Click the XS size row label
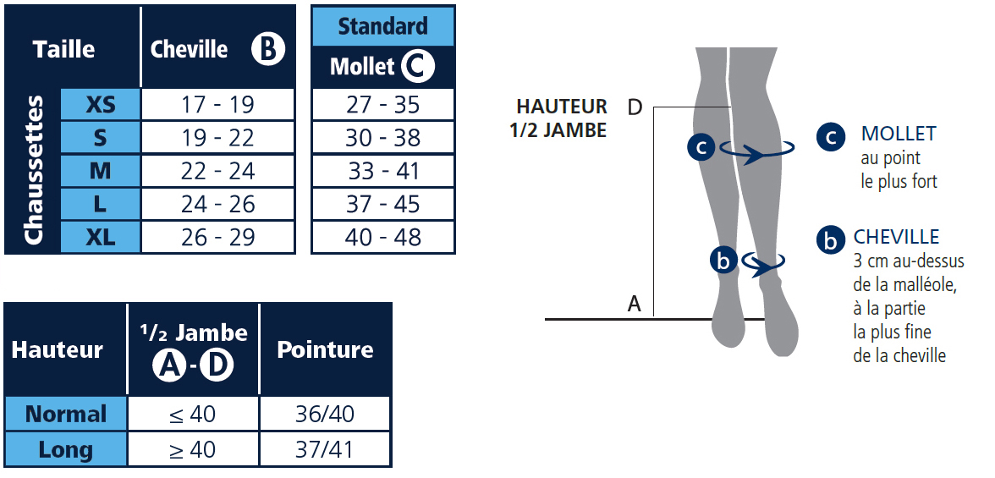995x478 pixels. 100,104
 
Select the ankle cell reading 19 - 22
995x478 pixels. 217,137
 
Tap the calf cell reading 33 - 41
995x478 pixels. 383,171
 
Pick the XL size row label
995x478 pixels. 100,237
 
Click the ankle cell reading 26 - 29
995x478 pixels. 217,237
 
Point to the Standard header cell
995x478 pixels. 383,26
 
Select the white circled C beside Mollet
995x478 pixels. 418,66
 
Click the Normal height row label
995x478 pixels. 66,414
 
